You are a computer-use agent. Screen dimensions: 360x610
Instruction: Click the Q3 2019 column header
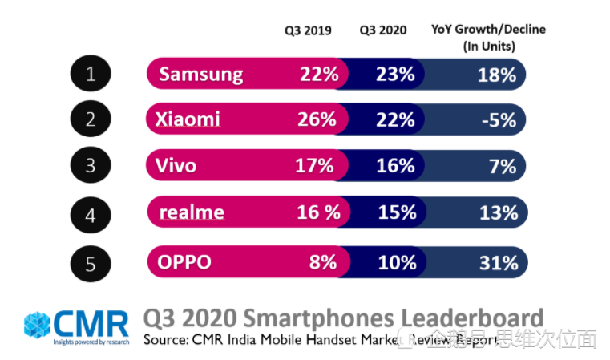click(x=309, y=30)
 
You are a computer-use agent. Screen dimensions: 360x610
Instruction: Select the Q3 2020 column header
click(x=382, y=30)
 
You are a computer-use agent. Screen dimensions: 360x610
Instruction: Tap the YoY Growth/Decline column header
click(x=488, y=37)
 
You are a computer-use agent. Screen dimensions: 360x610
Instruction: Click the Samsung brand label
click(x=200, y=75)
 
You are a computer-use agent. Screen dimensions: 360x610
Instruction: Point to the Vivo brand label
click(x=177, y=166)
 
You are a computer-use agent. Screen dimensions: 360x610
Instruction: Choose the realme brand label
click(x=192, y=212)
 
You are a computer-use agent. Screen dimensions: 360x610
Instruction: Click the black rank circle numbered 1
click(x=91, y=74)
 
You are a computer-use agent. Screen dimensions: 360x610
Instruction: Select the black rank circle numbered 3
click(x=91, y=166)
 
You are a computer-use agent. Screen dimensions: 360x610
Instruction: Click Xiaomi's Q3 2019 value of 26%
click(x=317, y=120)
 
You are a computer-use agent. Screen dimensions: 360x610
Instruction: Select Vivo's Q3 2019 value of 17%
click(x=315, y=166)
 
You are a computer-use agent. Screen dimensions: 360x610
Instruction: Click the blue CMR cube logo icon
click(x=37, y=325)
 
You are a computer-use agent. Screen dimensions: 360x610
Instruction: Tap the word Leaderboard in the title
click(x=468, y=317)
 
